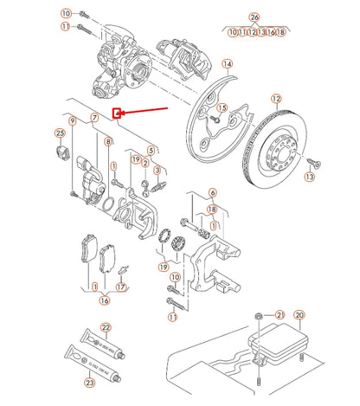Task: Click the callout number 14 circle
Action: pos(227,64)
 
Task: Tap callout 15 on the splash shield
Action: pos(222,107)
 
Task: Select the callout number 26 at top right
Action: pos(254,17)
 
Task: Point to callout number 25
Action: pos(60,132)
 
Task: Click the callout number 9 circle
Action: pos(73,120)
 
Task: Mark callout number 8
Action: pos(107,141)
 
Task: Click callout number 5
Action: pos(151,151)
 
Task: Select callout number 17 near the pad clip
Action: pos(122,287)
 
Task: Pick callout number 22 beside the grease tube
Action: pos(106,327)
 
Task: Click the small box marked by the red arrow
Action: pos(118,112)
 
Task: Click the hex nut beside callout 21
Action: pos(259,316)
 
